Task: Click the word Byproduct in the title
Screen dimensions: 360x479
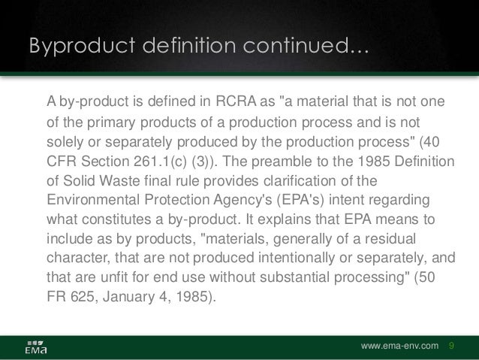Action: pyautogui.click(x=72, y=47)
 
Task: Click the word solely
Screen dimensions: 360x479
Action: pyautogui.click(x=65, y=141)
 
